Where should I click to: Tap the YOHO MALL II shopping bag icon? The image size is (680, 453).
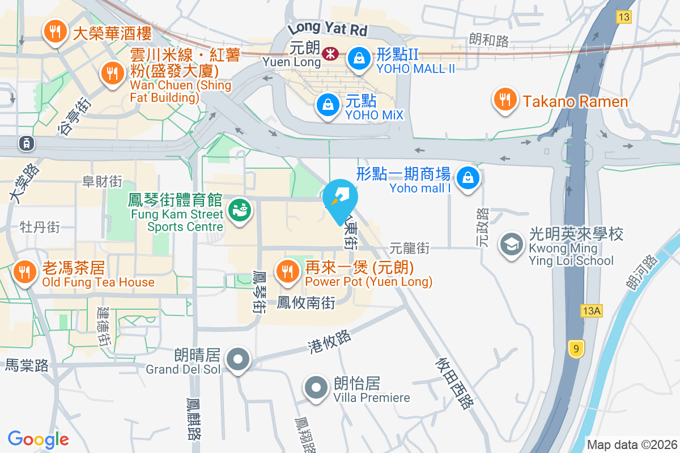359,57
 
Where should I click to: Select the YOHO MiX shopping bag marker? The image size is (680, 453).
328,104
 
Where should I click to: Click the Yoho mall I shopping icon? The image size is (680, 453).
468,177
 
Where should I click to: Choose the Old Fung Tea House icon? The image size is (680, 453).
24,271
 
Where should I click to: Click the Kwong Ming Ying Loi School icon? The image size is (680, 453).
511,245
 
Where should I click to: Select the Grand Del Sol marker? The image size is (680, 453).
239,359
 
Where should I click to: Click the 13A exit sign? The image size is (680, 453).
592,311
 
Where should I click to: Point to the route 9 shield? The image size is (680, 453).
576,349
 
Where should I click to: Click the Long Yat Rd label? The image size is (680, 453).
328,27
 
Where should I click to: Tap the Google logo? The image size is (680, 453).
38,439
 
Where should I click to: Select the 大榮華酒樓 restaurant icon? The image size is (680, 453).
55,31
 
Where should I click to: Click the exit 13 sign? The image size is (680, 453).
624,17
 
